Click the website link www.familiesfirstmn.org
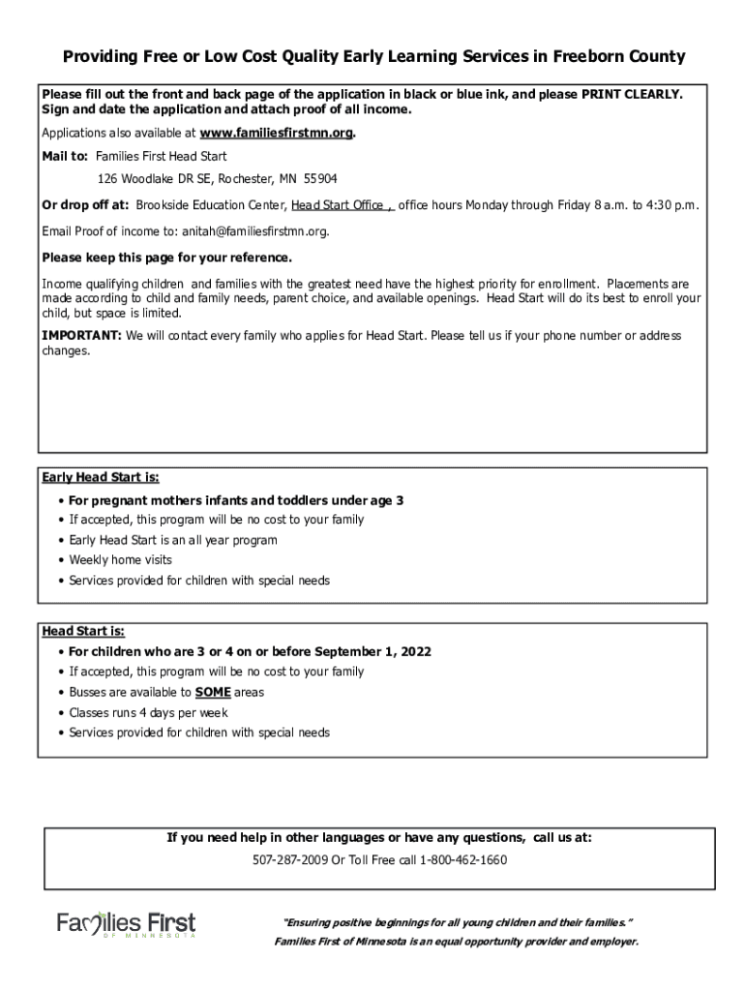(x=277, y=133)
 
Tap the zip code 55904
(x=320, y=179)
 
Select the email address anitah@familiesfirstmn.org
(x=250, y=231)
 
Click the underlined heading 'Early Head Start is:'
(x=101, y=478)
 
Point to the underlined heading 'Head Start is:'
(x=83, y=631)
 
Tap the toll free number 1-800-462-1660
(x=463, y=859)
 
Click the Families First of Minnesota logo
(x=126, y=926)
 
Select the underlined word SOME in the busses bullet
(x=213, y=692)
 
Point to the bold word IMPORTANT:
(x=81, y=336)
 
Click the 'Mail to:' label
(x=65, y=156)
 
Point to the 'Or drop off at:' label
(x=85, y=205)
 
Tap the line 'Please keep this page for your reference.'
(x=166, y=258)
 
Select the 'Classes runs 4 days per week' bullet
(x=148, y=712)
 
